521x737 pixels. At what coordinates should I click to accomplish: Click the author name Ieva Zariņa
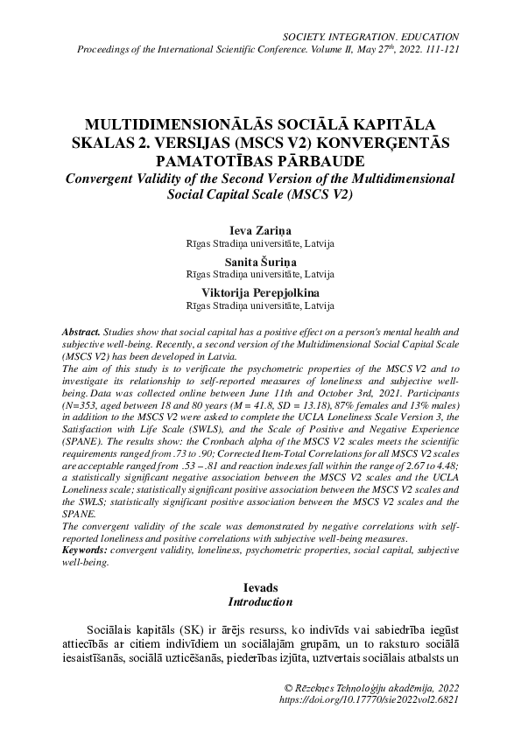coord(260,229)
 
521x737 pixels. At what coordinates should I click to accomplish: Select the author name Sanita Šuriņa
coord(260,261)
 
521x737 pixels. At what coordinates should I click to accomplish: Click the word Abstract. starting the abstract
coord(81,334)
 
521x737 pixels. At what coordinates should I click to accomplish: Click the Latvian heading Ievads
coord(260,590)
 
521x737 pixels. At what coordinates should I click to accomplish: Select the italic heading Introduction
coord(260,603)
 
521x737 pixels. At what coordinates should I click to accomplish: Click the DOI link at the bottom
coord(369,700)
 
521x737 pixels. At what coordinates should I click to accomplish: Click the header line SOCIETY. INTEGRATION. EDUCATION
coord(372,37)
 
